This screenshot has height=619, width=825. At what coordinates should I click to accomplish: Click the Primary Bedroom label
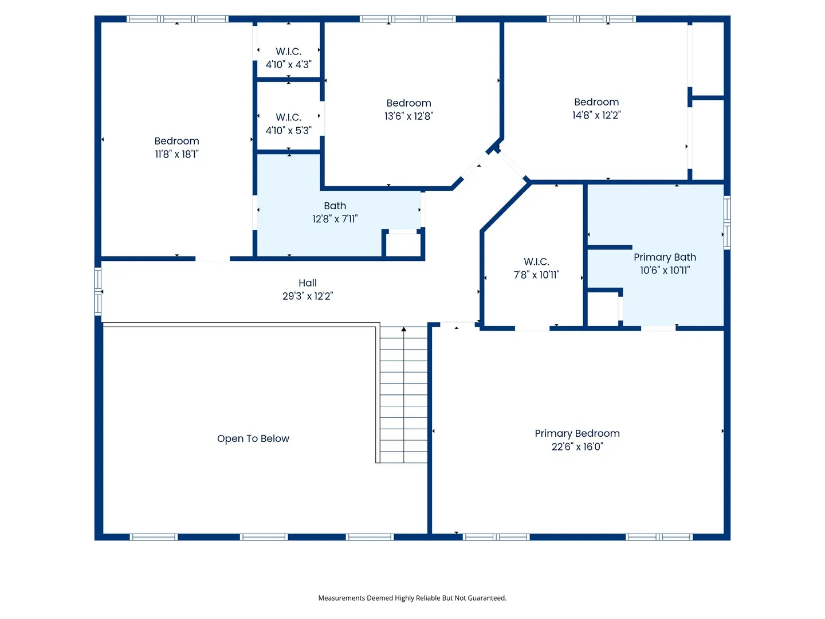click(x=577, y=433)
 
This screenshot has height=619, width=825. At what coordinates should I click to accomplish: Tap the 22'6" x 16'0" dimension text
click(x=577, y=446)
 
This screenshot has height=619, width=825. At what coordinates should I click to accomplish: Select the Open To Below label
click(x=253, y=438)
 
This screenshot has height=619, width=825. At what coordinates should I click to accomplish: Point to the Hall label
click(x=308, y=283)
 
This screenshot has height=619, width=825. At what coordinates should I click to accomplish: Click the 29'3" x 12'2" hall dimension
click(x=308, y=296)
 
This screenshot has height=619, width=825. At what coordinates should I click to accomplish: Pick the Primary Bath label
click(x=665, y=257)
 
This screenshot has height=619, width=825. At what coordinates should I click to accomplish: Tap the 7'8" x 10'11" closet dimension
click(x=536, y=275)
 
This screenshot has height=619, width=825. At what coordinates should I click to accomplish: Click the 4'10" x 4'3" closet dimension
click(x=288, y=65)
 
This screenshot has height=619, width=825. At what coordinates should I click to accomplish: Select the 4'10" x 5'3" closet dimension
click(x=288, y=131)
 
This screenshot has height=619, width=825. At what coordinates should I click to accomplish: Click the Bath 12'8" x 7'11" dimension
click(x=335, y=219)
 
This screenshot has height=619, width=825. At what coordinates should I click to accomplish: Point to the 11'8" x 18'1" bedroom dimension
click(x=176, y=154)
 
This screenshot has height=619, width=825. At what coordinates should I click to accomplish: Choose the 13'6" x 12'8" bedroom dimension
click(x=408, y=116)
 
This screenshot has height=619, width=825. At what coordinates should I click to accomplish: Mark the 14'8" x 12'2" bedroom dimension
click(x=596, y=115)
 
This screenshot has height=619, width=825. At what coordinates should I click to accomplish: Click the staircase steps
click(x=404, y=395)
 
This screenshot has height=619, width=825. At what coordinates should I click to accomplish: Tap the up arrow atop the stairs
click(x=404, y=329)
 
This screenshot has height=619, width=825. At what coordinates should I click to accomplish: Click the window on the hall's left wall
click(x=98, y=291)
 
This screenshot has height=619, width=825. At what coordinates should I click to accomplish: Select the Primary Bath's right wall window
click(x=727, y=222)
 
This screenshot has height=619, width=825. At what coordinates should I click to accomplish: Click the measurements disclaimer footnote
click(x=412, y=598)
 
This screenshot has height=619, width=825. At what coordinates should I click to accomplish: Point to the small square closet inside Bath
click(x=403, y=244)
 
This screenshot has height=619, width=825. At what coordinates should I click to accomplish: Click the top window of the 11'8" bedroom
click(x=178, y=19)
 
